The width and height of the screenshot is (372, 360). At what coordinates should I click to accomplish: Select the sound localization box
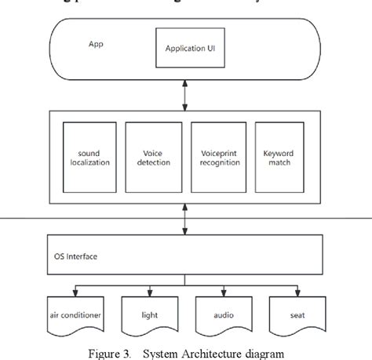point(89,158)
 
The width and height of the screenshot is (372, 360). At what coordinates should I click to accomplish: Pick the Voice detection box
point(153,158)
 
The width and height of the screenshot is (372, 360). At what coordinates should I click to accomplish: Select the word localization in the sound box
point(89,162)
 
